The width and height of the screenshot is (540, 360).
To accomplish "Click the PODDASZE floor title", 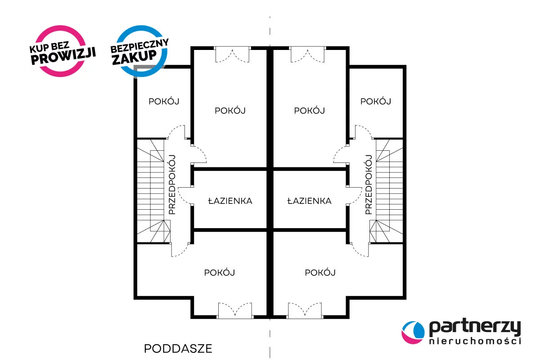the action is [x=178, y=349].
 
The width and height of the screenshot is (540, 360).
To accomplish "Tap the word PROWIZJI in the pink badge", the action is [x=63, y=56].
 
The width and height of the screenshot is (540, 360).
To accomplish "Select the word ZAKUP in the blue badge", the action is [x=135, y=58].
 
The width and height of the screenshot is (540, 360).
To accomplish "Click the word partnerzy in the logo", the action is [x=475, y=328].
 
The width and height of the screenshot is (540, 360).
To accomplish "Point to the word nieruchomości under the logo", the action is [x=475, y=341].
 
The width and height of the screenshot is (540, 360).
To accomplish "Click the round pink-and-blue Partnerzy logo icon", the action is [x=413, y=332].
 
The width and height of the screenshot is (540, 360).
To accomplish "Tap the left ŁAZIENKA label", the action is [x=230, y=201].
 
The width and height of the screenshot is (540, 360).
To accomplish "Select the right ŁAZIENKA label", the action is [x=309, y=201].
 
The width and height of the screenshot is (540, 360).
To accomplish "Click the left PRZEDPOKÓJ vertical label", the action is [x=172, y=184].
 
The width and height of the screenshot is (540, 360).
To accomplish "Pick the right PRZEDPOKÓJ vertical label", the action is [x=369, y=184].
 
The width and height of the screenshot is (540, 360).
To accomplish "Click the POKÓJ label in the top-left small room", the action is [x=164, y=102].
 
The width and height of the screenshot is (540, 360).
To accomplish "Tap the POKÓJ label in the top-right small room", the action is [x=376, y=102].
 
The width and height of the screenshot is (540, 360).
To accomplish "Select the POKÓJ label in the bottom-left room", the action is [x=220, y=273].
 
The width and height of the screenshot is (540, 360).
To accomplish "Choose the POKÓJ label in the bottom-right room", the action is [x=320, y=273].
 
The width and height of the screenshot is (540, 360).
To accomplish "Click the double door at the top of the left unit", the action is [x=232, y=54].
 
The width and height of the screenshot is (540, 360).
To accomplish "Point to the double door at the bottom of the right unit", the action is [x=305, y=310].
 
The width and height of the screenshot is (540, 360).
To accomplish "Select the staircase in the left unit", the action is [x=154, y=191].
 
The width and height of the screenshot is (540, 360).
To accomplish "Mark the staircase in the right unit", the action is [x=386, y=191].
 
